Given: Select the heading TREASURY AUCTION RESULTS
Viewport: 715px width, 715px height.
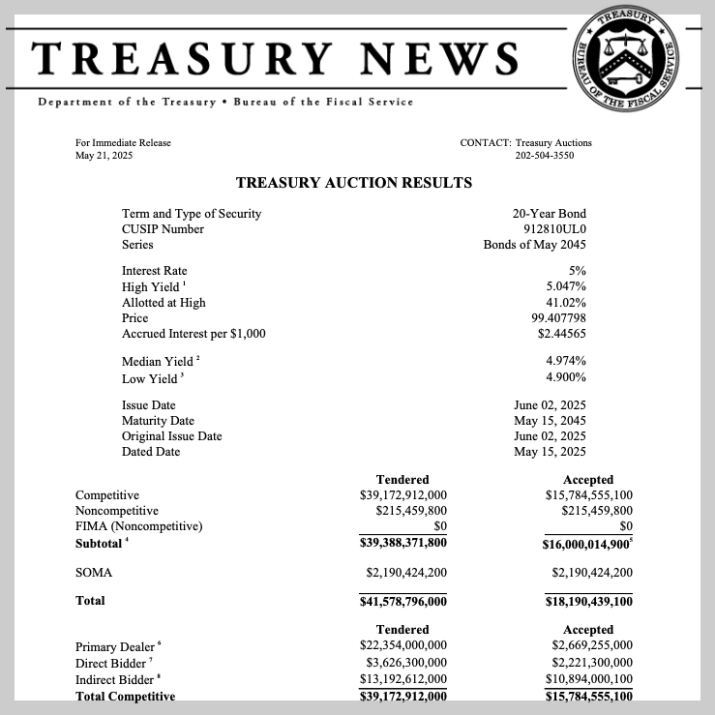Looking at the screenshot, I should coord(354,182).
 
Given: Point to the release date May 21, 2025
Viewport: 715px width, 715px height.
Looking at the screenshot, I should coord(104,155).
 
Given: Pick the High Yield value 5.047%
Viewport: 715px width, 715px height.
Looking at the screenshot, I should coord(566,287).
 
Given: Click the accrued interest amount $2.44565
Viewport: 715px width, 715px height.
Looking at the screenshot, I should coord(561,334).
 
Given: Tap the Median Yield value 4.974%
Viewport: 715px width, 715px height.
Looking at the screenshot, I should coord(566,361).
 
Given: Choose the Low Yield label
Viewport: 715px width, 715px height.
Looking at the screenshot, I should coord(150,377).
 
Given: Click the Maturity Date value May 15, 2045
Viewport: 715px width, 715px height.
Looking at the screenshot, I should coord(550,421).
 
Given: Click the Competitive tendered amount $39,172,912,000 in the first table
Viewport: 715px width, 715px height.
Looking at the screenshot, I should coord(402,495).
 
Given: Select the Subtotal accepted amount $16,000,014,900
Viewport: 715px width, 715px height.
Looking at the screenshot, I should coord(587,544).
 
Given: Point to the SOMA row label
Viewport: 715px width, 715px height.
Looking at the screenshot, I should coord(94,573).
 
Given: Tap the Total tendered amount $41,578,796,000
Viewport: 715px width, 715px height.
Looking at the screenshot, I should coord(402,602).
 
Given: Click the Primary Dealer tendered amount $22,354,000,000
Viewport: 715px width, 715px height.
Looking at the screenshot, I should coord(402,645).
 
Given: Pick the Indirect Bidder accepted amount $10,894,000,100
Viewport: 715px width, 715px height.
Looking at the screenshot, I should coord(587,679).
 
